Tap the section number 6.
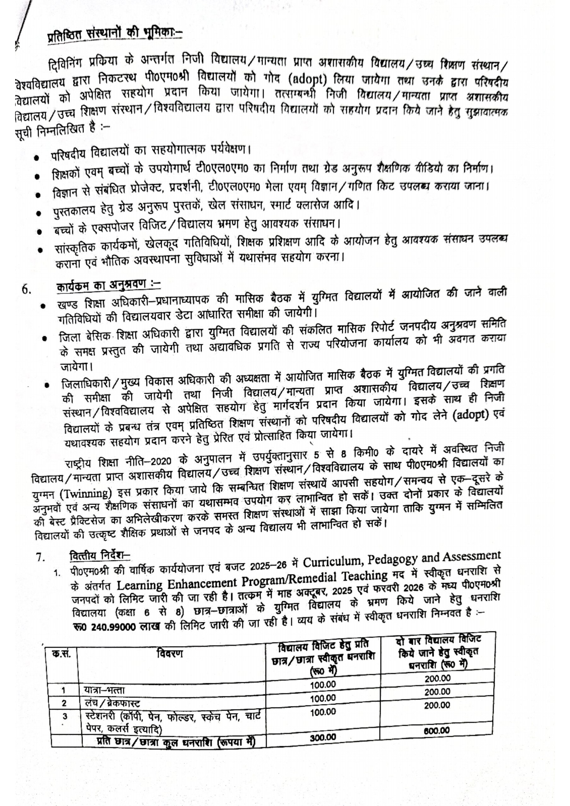click(x=27, y=290)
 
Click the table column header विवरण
click(x=170, y=654)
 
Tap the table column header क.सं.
click(x=62, y=654)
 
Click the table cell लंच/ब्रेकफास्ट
click(x=112, y=704)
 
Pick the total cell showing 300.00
click(x=323, y=737)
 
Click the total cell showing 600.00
click(x=437, y=731)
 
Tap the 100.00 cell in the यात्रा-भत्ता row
click(x=323, y=685)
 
